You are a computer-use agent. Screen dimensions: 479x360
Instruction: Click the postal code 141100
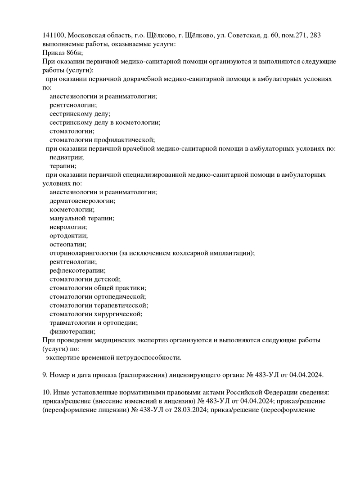point(54,36)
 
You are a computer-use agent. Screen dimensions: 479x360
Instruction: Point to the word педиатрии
point(67,157)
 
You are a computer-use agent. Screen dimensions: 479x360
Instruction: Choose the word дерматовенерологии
point(82,201)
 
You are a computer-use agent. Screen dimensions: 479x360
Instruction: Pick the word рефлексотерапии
point(77,271)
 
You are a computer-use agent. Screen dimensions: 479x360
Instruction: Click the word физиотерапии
point(72,331)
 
